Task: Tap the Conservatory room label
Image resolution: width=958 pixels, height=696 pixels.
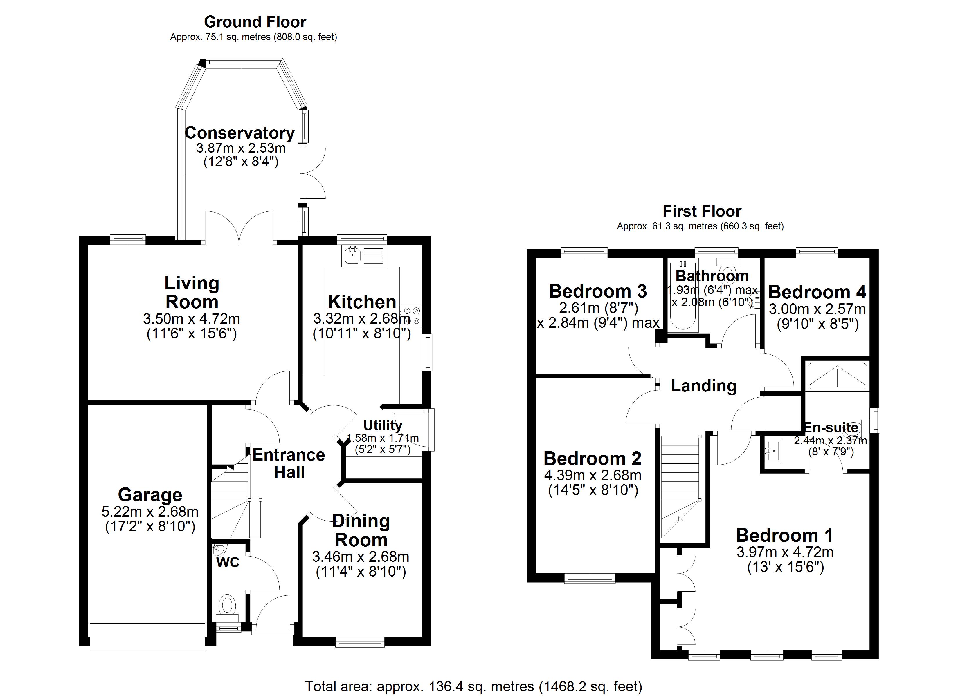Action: point(239,133)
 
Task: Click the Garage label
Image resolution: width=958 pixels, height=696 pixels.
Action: point(150,495)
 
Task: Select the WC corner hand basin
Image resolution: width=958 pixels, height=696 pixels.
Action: point(219,550)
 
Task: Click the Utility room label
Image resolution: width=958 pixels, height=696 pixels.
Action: point(383,425)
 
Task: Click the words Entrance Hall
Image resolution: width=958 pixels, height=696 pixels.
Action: point(289,463)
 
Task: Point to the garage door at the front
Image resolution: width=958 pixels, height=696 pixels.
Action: point(147,637)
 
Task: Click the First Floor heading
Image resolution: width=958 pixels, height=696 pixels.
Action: point(702,211)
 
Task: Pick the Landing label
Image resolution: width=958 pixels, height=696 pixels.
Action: point(704,386)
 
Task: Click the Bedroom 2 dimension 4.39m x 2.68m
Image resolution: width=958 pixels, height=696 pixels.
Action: point(593,475)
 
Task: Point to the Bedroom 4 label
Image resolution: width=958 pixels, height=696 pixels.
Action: point(817,292)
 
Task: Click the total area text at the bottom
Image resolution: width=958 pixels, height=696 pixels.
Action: point(473,687)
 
